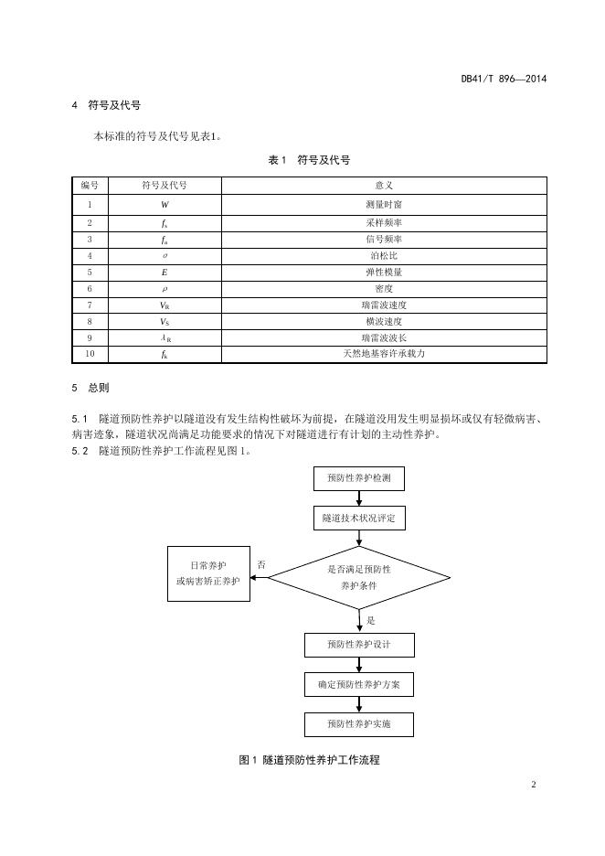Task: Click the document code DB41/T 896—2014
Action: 503,79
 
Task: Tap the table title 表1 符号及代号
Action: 309,160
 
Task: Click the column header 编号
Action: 90,186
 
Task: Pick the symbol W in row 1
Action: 165,205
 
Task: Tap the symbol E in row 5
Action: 165,272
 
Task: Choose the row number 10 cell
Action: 90,355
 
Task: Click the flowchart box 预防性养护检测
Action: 358,477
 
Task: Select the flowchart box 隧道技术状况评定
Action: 358,519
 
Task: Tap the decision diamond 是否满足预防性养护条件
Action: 358,577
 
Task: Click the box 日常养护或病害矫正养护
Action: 208,573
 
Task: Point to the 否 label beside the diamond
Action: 261,565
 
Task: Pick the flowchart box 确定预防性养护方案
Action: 358,684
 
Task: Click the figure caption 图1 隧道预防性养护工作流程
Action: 309,760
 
